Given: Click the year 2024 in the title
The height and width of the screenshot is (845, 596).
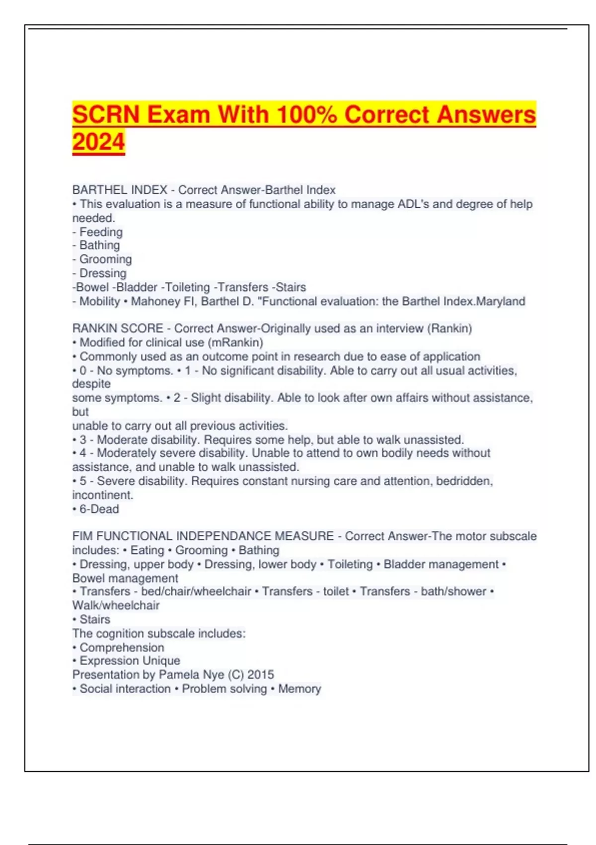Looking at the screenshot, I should (x=98, y=142).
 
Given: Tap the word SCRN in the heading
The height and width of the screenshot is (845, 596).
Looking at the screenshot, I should (x=106, y=114).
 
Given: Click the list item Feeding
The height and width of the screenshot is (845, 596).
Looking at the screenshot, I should (x=101, y=232).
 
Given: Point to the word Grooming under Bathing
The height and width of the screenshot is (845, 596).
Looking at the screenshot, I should (x=105, y=259).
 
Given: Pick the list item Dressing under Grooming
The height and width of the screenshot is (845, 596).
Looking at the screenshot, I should (x=103, y=273).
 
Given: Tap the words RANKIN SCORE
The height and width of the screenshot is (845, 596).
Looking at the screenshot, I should (x=118, y=329).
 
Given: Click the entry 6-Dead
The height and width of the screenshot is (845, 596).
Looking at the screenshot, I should (x=99, y=509).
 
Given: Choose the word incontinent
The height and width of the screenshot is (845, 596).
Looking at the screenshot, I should (x=102, y=495).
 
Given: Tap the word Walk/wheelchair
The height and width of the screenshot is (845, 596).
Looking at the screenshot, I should (x=116, y=605).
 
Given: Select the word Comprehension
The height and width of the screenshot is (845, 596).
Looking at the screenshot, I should (x=122, y=648).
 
